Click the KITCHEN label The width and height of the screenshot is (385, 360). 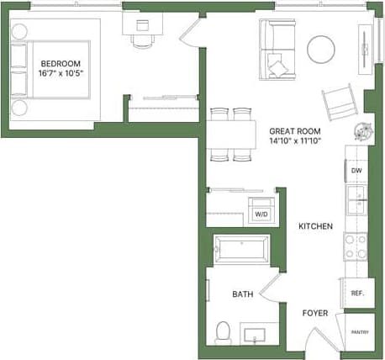[x=315, y=226]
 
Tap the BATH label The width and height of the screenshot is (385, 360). [x=243, y=294]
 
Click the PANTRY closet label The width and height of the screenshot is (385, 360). [x=359, y=333]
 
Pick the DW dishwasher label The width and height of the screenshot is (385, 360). [x=356, y=171]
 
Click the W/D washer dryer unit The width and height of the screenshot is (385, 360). [x=261, y=214]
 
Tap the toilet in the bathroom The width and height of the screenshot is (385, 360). [x=223, y=331]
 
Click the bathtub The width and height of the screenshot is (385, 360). [x=241, y=250]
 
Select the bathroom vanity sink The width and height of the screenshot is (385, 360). [x=256, y=335]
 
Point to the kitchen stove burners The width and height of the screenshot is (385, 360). [x=356, y=246]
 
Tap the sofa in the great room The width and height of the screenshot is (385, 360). [x=277, y=46]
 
